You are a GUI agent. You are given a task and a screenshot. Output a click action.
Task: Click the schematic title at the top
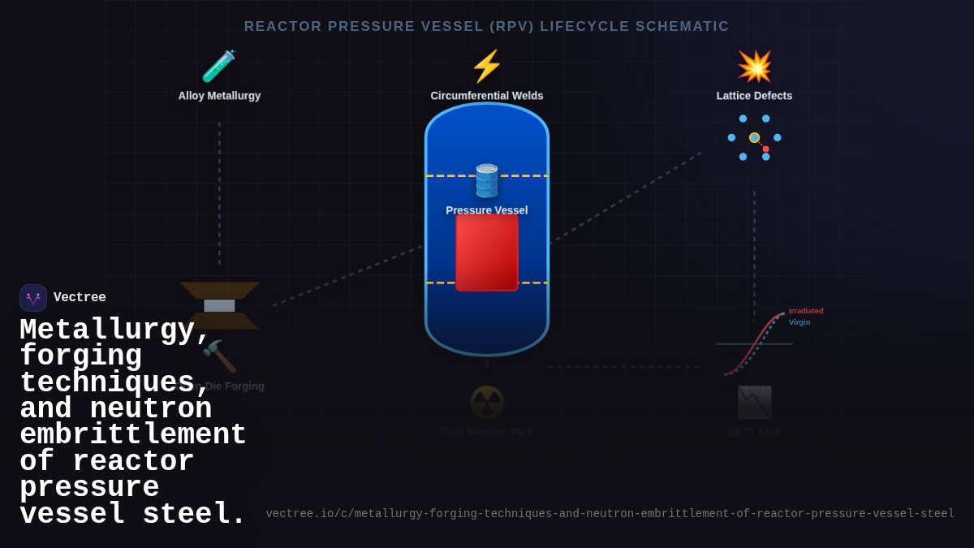(487, 27)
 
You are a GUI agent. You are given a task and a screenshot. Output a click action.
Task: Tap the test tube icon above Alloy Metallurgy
(218, 67)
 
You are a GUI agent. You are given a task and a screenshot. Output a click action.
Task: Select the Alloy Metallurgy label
(219, 96)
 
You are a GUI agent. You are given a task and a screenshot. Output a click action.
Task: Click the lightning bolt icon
(487, 67)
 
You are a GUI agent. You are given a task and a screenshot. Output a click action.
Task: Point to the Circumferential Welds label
(487, 96)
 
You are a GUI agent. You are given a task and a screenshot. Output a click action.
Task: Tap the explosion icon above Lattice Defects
(754, 67)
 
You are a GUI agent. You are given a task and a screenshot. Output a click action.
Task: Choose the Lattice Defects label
(754, 96)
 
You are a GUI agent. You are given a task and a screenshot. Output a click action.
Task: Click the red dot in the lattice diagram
(765, 149)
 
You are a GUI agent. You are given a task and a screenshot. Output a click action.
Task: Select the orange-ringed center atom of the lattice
(754, 138)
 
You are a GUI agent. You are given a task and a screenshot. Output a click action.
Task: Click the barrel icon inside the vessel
(487, 180)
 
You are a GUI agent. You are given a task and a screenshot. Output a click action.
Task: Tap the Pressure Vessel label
(487, 210)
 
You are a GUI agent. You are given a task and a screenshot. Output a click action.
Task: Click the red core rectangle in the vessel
(487, 252)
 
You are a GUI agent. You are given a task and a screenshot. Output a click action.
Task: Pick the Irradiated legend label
(806, 311)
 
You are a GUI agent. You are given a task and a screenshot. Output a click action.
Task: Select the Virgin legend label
(799, 322)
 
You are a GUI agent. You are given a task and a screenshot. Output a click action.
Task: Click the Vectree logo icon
(33, 298)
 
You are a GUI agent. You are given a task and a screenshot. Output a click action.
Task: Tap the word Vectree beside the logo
(80, 298)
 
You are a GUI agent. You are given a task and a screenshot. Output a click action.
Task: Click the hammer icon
(218, 356)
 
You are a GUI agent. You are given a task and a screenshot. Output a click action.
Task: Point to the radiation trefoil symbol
(487, 402)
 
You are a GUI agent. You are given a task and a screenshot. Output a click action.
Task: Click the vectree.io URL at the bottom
(610, 514)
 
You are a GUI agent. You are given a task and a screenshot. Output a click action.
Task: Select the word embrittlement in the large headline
(133, 435)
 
